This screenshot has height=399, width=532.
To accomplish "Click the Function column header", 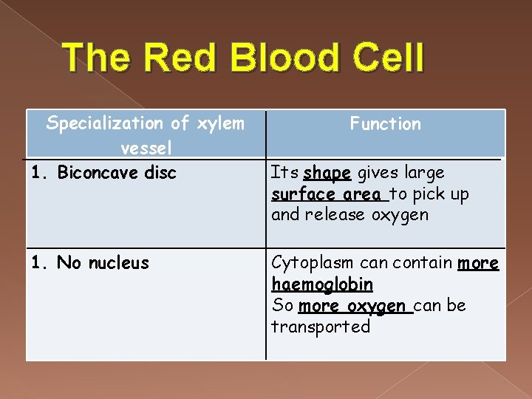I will [385, 124].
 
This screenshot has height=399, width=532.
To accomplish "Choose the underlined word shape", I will [327, 173].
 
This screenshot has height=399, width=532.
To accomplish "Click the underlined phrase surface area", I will [328, 194].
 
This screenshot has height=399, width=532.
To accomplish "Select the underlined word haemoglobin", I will [322, 284].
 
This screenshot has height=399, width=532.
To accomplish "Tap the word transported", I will [321, 327].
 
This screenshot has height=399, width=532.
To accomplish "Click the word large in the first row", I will [423, 173].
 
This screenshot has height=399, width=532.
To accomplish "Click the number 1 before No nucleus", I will [35, 263].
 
